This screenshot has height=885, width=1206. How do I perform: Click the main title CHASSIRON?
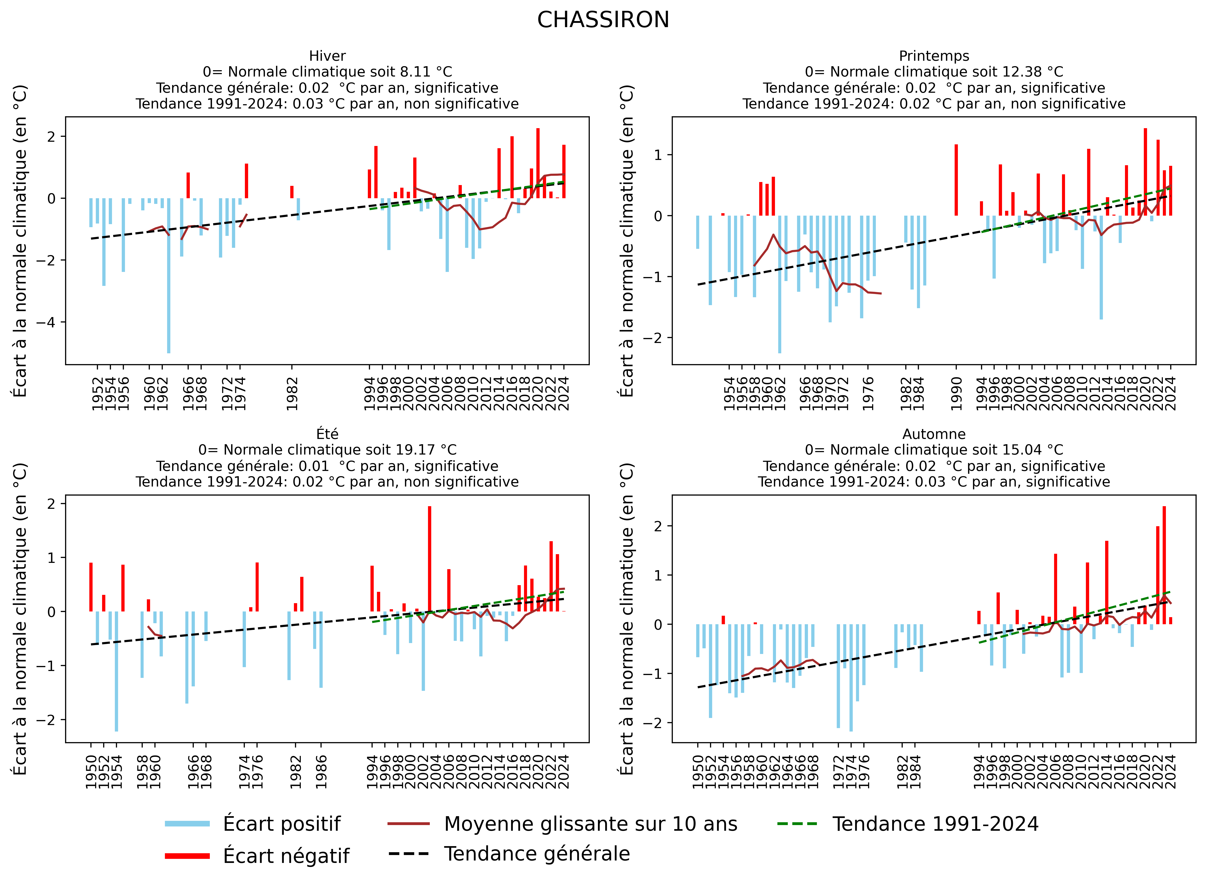point(603,20)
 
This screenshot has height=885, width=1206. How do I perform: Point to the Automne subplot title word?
point(934,434)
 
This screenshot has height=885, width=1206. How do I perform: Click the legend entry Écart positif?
point(281,824)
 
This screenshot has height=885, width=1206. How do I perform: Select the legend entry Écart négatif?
point(286,855)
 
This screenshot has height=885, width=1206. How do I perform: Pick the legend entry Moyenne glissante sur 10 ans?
point(590,824)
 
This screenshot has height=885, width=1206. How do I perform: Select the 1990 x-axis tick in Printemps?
point(956,394)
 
